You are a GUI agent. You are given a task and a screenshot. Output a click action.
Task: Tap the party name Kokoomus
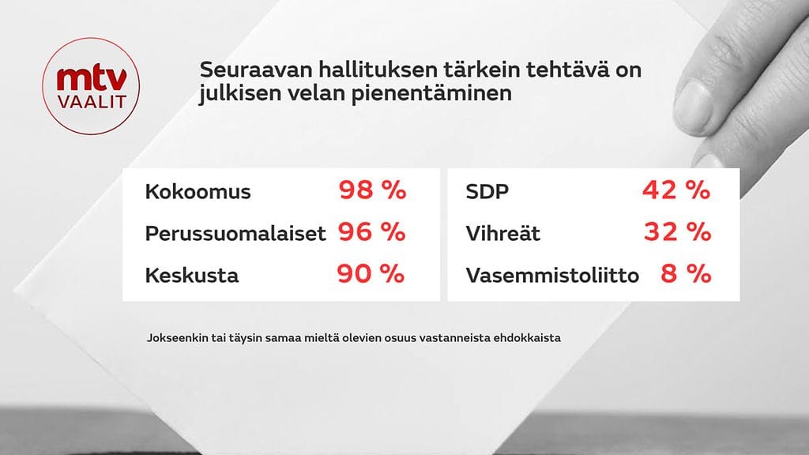198,192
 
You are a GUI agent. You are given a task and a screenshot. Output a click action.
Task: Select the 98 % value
372,190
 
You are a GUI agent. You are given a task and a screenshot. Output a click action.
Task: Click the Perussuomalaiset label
235,235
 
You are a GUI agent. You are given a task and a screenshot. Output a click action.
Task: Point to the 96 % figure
372,232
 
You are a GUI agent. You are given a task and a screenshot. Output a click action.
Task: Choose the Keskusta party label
191,276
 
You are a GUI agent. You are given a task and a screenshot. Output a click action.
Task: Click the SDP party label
487,192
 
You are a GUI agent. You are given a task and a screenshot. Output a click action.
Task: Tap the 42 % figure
675,190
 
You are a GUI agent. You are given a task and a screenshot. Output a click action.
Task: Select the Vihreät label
503,234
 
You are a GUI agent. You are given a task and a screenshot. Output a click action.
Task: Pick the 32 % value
675,232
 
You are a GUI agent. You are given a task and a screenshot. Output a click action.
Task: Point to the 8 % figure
687,274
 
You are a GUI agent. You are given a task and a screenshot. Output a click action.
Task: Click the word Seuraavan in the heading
244,70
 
